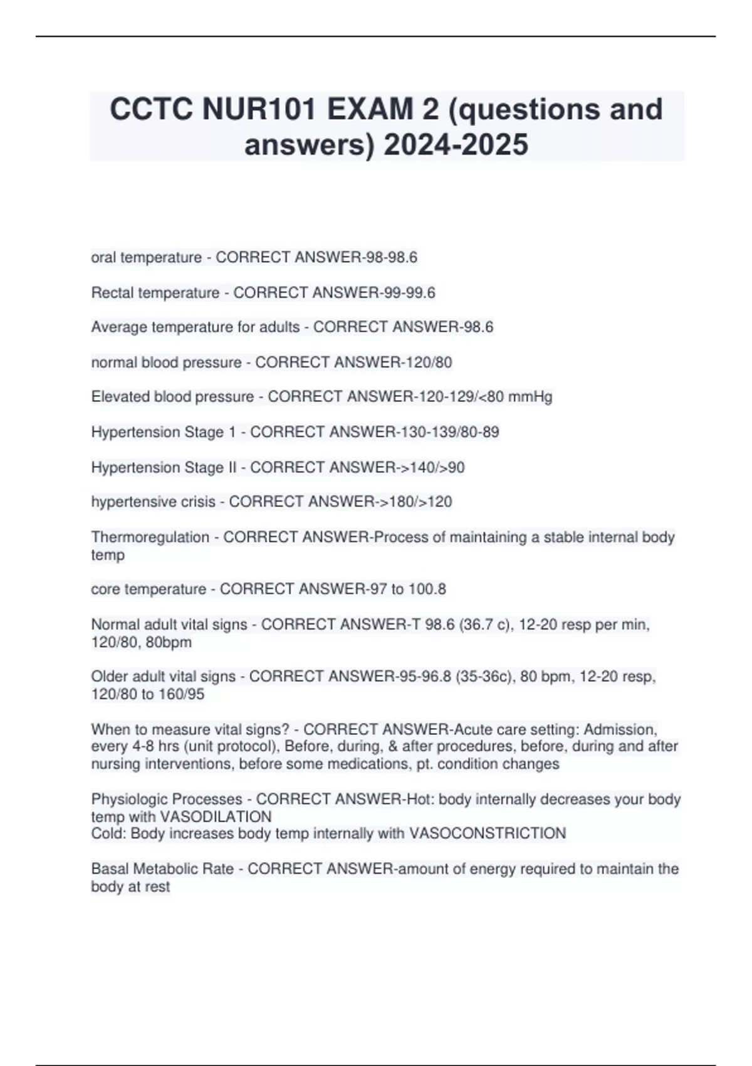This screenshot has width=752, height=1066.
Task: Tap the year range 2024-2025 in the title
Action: (456, 144)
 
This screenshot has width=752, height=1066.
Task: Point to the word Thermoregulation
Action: (150, 537)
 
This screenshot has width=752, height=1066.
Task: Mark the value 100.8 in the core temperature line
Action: (427, 589)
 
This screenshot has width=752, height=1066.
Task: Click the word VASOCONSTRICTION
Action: (488, 833)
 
